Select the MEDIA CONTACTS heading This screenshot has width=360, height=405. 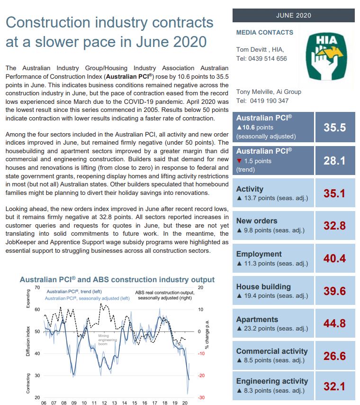264,33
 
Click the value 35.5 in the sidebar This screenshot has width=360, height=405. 334,128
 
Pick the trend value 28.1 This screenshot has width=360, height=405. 334,161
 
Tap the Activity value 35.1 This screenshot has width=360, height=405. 334,193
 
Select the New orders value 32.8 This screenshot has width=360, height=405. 334,226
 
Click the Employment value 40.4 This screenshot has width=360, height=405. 334,258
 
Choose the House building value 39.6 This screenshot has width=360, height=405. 334,291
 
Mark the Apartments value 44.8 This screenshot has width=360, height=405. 334,324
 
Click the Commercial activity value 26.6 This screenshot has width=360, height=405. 334,356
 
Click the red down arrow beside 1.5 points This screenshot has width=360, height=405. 239,161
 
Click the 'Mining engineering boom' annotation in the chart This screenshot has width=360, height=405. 103,340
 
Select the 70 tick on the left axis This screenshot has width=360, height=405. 37,288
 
